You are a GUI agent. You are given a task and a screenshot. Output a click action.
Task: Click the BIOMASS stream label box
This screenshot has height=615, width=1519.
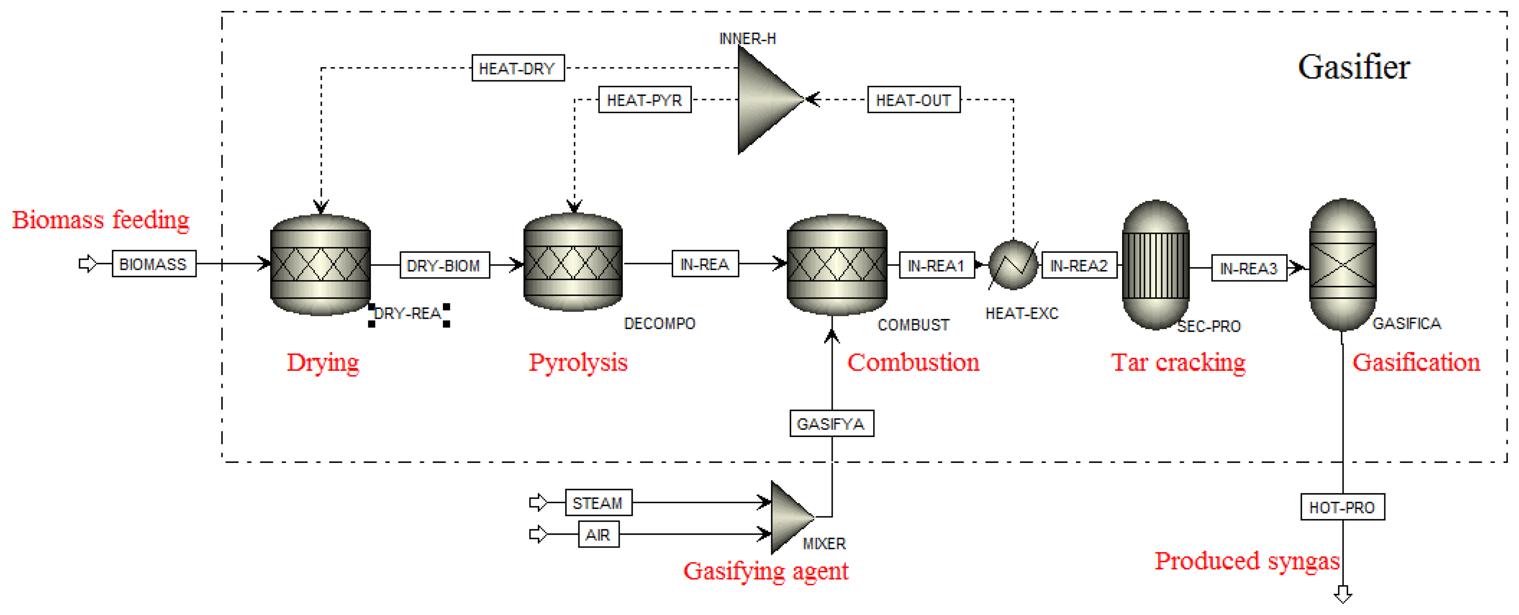coord(154,264)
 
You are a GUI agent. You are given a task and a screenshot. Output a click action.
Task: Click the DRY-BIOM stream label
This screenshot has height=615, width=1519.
coord(444,265)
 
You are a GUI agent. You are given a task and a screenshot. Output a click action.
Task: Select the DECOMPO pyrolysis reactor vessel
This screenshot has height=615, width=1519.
coord(573,263)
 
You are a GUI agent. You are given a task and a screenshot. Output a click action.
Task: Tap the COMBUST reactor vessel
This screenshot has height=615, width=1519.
coord(837,265)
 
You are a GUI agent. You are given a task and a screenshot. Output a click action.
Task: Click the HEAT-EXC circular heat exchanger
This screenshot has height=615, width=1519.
coord(1013,265)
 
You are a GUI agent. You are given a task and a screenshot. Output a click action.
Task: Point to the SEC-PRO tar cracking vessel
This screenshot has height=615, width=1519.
coord(1155,265)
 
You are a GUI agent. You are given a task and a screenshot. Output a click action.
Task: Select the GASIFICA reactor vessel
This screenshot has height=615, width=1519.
coord(1343,265)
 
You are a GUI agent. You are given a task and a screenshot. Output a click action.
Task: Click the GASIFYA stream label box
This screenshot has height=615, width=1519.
coord(831,423)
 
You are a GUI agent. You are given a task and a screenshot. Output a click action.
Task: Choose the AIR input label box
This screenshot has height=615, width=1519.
coord(598,534)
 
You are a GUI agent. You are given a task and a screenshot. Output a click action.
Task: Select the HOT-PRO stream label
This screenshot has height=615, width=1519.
coord(1342,507)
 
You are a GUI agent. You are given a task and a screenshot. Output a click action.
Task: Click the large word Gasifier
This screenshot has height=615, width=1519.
coord(1353,67)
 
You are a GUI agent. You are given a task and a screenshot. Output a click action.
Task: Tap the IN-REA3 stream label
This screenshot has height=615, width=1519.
coord(1248,268)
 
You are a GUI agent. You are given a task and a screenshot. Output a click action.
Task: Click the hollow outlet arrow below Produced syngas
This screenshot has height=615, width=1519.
coord(1343,594)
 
